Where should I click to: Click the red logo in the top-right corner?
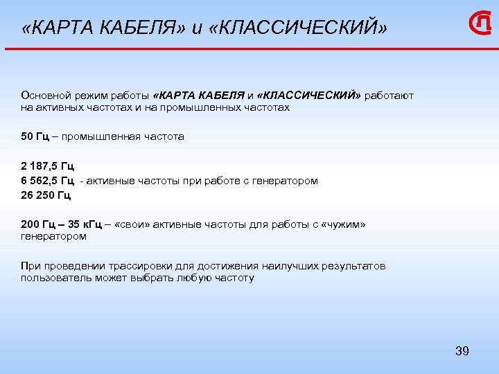480,25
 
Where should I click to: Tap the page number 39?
462,351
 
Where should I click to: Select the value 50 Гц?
35,136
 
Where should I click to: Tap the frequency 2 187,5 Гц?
47,166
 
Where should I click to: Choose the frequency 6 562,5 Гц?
47,181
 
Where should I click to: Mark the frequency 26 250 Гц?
46,195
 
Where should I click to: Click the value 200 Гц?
37,224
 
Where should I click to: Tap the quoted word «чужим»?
344,224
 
